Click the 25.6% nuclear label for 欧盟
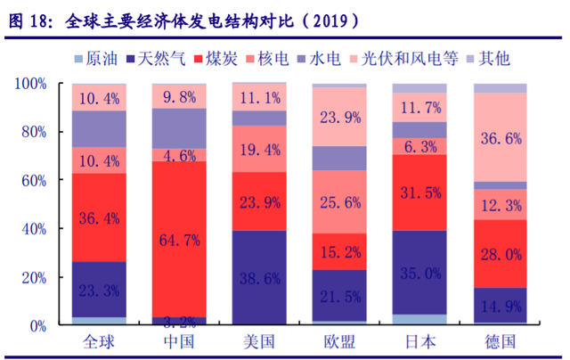[x=339, y=202]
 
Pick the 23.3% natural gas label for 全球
[x=99, y=290]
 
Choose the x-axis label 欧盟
[x=339, y=342]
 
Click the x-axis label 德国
[x=500, y=342]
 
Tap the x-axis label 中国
[x=179, y=342]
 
